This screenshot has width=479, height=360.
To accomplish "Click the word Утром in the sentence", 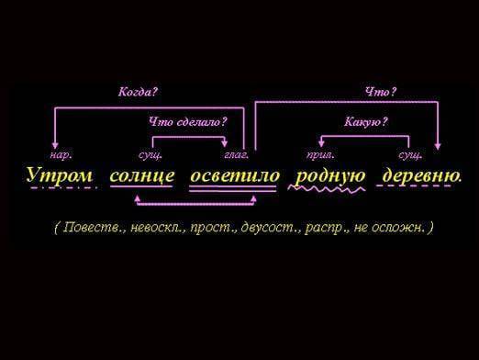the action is pyautogui.click(x=60, y=174).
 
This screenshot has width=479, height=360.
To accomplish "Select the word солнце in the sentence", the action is pyautogui.click(x=141, y=174).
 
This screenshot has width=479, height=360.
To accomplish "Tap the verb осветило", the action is pyautogui.click(x=233, y=174).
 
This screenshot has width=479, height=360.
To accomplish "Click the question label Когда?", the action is pyautogui.click(x=139, y=92).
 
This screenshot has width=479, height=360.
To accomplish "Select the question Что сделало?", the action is pyautogui.click(x=187, y=121).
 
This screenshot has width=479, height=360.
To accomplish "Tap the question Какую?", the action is pyautogui.click(x=366, y=121).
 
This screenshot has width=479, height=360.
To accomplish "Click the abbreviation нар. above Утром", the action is pyautogui.click(x=61, y=155).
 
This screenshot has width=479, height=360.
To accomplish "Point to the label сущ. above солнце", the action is pyautogui.click(x=150, y=155).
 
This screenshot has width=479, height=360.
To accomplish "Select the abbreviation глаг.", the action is pyautogui.click(x=236, y=155).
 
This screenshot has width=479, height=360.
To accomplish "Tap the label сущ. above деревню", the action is pyautogui.click(x=409, y=155).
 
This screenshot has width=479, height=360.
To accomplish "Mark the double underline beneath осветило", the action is pyautogui.click(x=233, y=187).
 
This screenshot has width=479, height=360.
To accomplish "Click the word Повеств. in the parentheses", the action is pyautogui.click(x=92, y=226).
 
